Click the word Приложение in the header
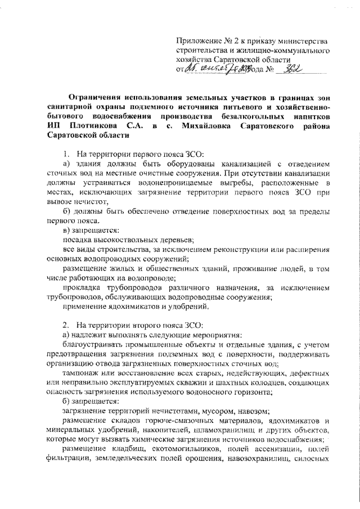(x=198, y=40)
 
